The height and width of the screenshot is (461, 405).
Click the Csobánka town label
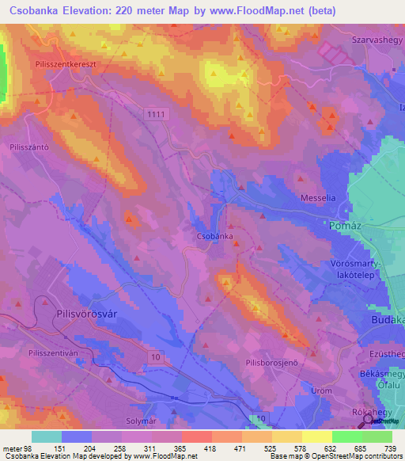coord(214,236)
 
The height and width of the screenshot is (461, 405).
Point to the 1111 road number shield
coord(157,115)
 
